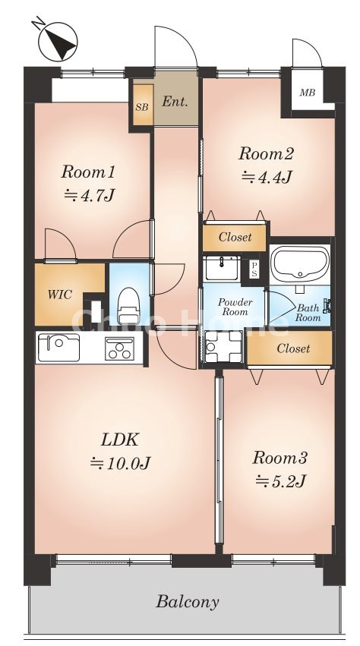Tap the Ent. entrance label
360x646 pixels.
point(175,102)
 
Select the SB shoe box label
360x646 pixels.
point(142,107)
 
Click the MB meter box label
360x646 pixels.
point(308,93)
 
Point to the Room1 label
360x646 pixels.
point(88,172)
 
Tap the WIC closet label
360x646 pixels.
point(60,295)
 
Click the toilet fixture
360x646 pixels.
point(128,306)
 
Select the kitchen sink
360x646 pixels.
point(58,348)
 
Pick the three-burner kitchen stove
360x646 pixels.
point(119,348)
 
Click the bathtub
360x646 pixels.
point(300,263)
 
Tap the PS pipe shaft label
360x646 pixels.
point(254,269)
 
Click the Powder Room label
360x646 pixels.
point(235,307)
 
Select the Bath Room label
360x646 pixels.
point(308,313)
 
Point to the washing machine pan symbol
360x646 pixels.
point(223,345)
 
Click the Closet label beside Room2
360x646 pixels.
point(235,238)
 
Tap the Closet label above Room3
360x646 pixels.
point(293,348)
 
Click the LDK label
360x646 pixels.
point(119,440)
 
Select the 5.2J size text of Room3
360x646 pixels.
point(280,481)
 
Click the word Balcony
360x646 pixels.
point(188,602)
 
